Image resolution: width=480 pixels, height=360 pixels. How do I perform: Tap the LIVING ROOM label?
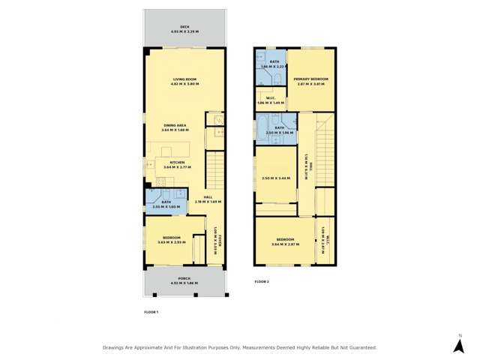[x=184, y=79]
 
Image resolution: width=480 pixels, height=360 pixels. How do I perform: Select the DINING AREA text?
[x=173, y=124]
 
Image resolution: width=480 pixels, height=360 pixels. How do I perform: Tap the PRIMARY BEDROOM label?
[x=311, y=79]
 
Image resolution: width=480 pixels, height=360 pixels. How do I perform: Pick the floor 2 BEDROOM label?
[x=285, y=240]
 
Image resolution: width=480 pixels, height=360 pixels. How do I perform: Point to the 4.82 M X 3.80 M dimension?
[x=184, y=84]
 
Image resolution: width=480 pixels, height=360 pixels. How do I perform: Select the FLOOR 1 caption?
[x=151, y=311]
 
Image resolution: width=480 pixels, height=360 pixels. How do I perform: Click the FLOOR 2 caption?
[x=262, y=281]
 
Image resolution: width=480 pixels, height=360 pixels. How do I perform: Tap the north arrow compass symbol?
[x=459, y=344]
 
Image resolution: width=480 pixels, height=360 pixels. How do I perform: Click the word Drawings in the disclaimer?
[x=115, y=347]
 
